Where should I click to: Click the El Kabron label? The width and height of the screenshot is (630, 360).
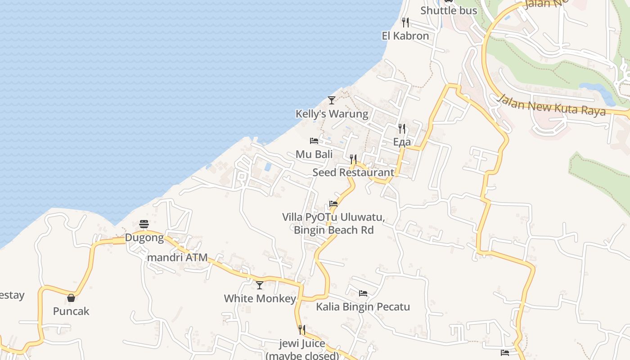[x=405, y=36]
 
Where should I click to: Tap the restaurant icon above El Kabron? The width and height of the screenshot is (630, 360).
[x=405, y=22]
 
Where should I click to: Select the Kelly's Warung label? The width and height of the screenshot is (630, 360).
[x=332, y=114]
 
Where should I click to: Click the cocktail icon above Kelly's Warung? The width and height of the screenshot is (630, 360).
[x=332, y=100]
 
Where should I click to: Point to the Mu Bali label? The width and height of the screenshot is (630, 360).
[x=314, y=154]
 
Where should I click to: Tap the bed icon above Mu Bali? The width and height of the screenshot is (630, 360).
[x=314, y=141]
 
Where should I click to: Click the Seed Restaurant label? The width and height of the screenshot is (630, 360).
[x=353, y=172]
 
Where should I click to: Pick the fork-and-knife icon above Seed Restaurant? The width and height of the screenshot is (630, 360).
[x=353, y=159]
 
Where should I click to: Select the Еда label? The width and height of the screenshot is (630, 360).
[x=402, y=142]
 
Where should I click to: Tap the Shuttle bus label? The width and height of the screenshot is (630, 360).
[x=448, y=10]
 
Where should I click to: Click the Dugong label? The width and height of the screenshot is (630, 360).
[x=144, y=238]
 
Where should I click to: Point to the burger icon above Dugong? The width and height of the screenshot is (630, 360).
[x=144, y=224]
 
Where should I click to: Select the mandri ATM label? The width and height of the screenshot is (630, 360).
[x=177, y=258]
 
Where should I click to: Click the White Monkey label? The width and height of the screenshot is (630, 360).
[x=260, y=298]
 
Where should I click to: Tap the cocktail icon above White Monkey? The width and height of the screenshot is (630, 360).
[x=260, y=285]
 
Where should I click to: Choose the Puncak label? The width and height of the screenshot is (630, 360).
[x=71, y=311]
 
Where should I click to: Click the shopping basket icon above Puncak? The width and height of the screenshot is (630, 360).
[x=71, y=297]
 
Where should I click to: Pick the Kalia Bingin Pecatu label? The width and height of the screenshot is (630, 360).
[x=363, y=307]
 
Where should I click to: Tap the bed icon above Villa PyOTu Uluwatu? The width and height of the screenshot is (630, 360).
[x=333, y=203]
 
